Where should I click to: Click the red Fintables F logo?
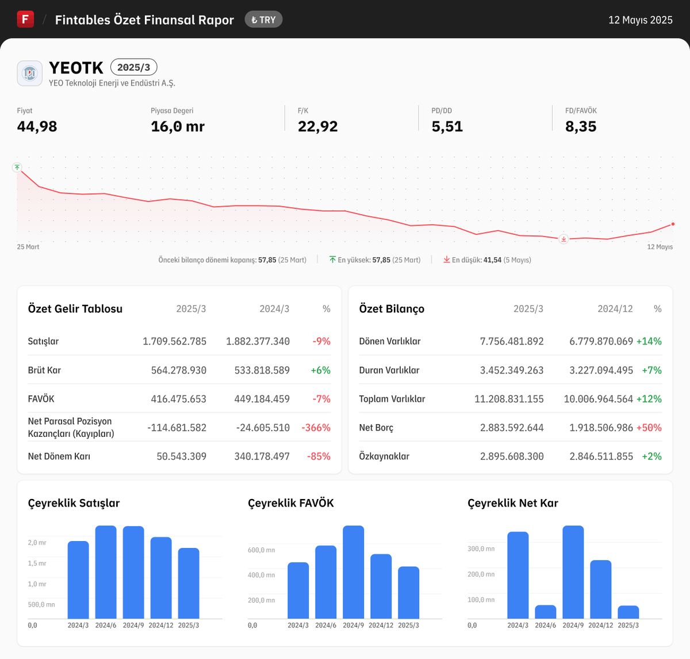25,19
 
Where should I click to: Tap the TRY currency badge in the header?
263,20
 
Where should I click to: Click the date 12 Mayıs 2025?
640,20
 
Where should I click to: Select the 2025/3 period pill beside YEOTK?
133,67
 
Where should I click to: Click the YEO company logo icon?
29,73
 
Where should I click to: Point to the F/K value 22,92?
317,127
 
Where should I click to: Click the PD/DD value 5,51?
447,127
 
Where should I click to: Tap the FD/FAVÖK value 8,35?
580,127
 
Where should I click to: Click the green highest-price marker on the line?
17,167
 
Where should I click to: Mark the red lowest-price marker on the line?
563,239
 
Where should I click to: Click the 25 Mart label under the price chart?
28,247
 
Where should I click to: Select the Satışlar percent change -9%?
321,341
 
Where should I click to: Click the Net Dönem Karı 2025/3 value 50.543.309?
181,456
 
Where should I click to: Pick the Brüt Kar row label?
44,370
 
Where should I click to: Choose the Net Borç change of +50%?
649,428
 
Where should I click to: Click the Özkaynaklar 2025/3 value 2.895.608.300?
512,456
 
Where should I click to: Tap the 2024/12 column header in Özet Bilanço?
615,309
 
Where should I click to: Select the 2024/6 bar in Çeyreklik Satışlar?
106,572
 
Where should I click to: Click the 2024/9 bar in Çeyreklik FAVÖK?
353,572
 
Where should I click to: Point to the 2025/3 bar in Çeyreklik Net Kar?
628,612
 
